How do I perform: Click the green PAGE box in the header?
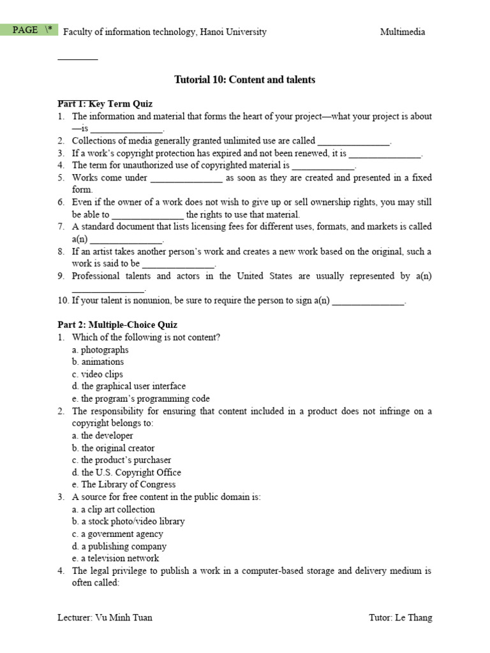pyautogui.click(x=29, y=30)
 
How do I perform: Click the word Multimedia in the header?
pyautogui.click(x=402, y=32)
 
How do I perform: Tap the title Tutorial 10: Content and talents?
pyautogui.click(x=244, y=80)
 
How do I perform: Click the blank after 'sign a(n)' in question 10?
pyautogui.click(x=368, y=301)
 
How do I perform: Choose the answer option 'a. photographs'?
pyautogui.click(x=100, y=349)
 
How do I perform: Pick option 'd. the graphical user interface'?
pyautogui.click(x=129, y=386)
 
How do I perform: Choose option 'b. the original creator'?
pyautogui.click(x=113, y=448)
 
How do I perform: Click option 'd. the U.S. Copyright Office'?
pyautogui.click(x=126, y=473)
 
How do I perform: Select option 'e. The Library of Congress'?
pyautogui.click(x=124, y=485)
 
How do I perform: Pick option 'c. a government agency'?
pyautogui.click(x=117, y=534)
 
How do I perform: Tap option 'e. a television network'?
pyautogui.click(x=115, y=559)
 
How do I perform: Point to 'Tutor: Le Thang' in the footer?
pyautogui.click(x=400, y=618)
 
